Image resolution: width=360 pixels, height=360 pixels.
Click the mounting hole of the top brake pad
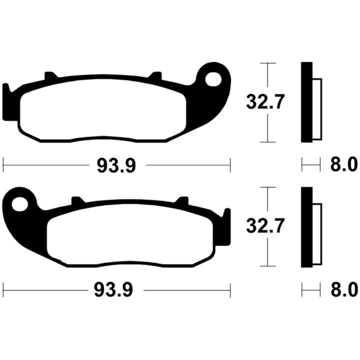[213, 79]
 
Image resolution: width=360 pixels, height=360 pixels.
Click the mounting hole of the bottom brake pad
[19, 204]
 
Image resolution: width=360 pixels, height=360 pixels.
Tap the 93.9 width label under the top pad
[116, 166]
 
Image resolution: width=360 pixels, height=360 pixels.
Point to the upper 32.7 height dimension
[265, 102]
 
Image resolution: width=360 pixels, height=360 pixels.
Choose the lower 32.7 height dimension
[265, 226]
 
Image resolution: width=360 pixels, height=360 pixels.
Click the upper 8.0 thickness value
[343, 164]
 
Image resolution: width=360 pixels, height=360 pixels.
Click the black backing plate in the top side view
[306, 102]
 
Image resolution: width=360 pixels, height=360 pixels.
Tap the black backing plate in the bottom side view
[306, 227]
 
